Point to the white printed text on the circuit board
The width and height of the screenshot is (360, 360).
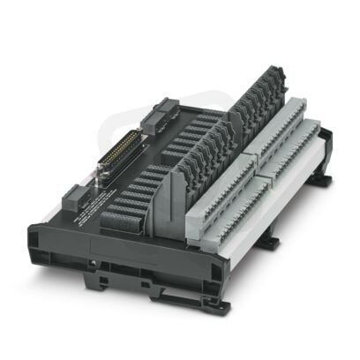click(x=86, y=210)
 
